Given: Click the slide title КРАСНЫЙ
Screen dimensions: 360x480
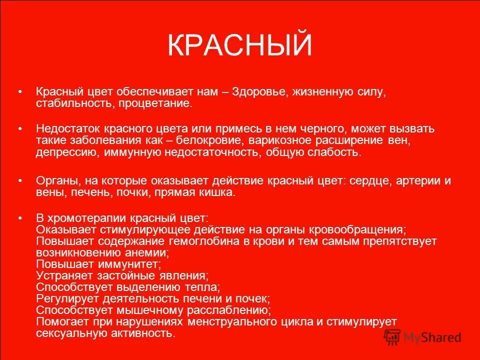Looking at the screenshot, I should pyautogui.click(x=239, y=46).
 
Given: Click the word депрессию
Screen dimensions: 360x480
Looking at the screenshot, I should pyautogui.click(x=68, y=152).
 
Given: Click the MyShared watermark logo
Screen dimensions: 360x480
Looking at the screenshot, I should pyautogui.click(x=422, y=337).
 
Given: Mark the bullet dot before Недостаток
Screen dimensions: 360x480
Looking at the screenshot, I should pyautogui.click(x=20, y=129).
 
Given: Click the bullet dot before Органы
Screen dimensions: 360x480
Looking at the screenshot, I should pyautogui.click(x=20, y=180).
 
